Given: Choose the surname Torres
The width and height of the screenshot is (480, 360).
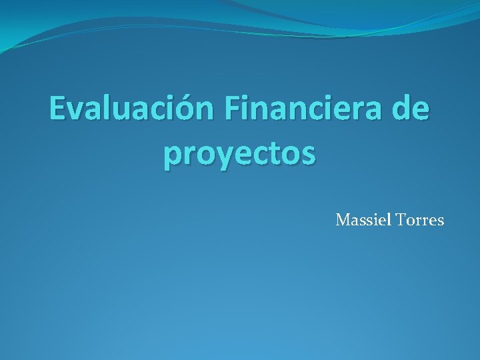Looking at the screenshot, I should [x=419, y=219].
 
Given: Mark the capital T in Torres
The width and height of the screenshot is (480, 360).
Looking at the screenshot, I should [x=401, y=219].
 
